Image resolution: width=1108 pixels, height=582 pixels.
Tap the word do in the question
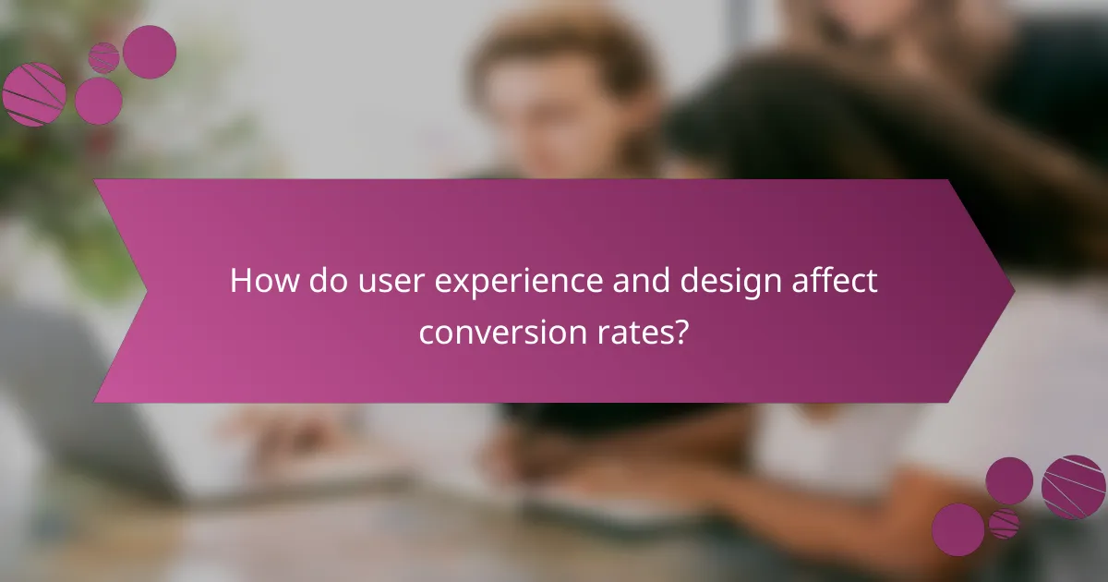click(319, 281)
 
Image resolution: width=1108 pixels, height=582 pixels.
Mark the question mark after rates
click(682, 330)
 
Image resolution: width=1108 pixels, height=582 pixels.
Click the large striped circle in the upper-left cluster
click(34, 94)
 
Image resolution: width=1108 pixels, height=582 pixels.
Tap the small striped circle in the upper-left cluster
click(103, 57)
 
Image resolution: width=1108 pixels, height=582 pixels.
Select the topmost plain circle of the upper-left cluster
click(150, 52)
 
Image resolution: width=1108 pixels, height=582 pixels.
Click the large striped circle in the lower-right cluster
click(1074, 487)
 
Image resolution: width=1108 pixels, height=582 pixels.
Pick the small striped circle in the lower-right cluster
click(1004, 524)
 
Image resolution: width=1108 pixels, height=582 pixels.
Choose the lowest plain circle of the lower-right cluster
click(957, 529)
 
